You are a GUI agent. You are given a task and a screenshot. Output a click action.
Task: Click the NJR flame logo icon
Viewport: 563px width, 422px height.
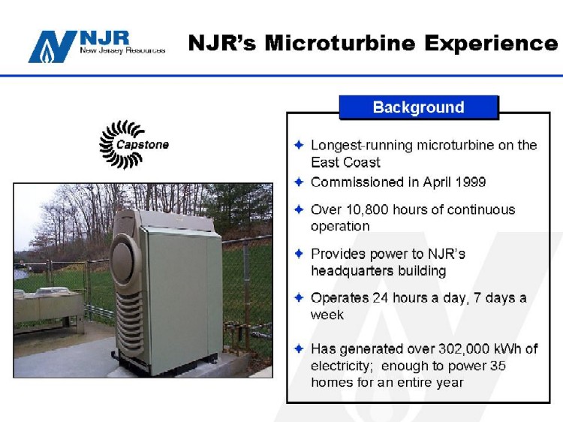(53, 47)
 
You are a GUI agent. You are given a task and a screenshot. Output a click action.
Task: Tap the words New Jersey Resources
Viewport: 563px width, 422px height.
(122, 50)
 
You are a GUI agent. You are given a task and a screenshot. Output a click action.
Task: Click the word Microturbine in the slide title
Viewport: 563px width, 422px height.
(340, 43)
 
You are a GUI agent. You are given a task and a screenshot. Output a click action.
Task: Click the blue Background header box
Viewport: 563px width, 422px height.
(419, 107)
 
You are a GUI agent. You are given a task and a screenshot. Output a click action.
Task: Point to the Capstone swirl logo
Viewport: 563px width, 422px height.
(134, 144)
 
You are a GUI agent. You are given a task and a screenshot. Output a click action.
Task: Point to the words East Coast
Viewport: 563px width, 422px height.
(345, 162)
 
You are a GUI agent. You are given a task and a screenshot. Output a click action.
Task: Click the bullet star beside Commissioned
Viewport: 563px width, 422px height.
(299, 182)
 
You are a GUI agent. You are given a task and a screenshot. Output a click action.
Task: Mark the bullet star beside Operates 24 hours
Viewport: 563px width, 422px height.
(299, 297)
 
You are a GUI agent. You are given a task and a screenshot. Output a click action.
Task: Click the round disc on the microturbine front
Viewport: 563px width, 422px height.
(124, 258)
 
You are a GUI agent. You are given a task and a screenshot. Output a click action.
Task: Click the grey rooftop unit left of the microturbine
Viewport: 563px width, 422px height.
(49, 306)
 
